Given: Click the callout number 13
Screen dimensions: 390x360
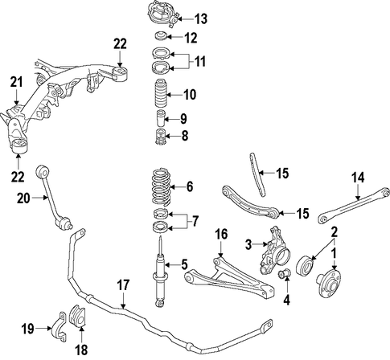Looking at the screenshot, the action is click(x=201, y=19).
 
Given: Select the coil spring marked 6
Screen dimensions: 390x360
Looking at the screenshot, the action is click(x=161, y=186).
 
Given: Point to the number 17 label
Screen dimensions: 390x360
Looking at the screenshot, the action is click(x=123, y=285).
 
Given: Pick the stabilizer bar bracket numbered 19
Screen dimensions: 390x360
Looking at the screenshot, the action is click(x=59, y=327).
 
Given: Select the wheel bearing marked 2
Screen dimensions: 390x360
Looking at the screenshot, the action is click(x=305, y=264).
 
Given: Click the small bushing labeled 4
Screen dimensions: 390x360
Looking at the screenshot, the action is click(x=285, y=274).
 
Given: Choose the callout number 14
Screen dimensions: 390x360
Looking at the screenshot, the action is click(x=359, y=178).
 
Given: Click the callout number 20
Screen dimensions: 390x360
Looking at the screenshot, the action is click(x=23, y=198).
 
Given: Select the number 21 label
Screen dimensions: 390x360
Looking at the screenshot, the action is click(x=17, y=82).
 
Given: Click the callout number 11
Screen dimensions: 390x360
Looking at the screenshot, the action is click(x=199, y=61).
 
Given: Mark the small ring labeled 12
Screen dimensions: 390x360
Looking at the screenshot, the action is click(x=162, y=36).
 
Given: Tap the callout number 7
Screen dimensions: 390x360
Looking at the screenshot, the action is click(x=195, y=221).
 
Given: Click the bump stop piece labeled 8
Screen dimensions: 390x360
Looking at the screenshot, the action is click(x=161, y=137).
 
